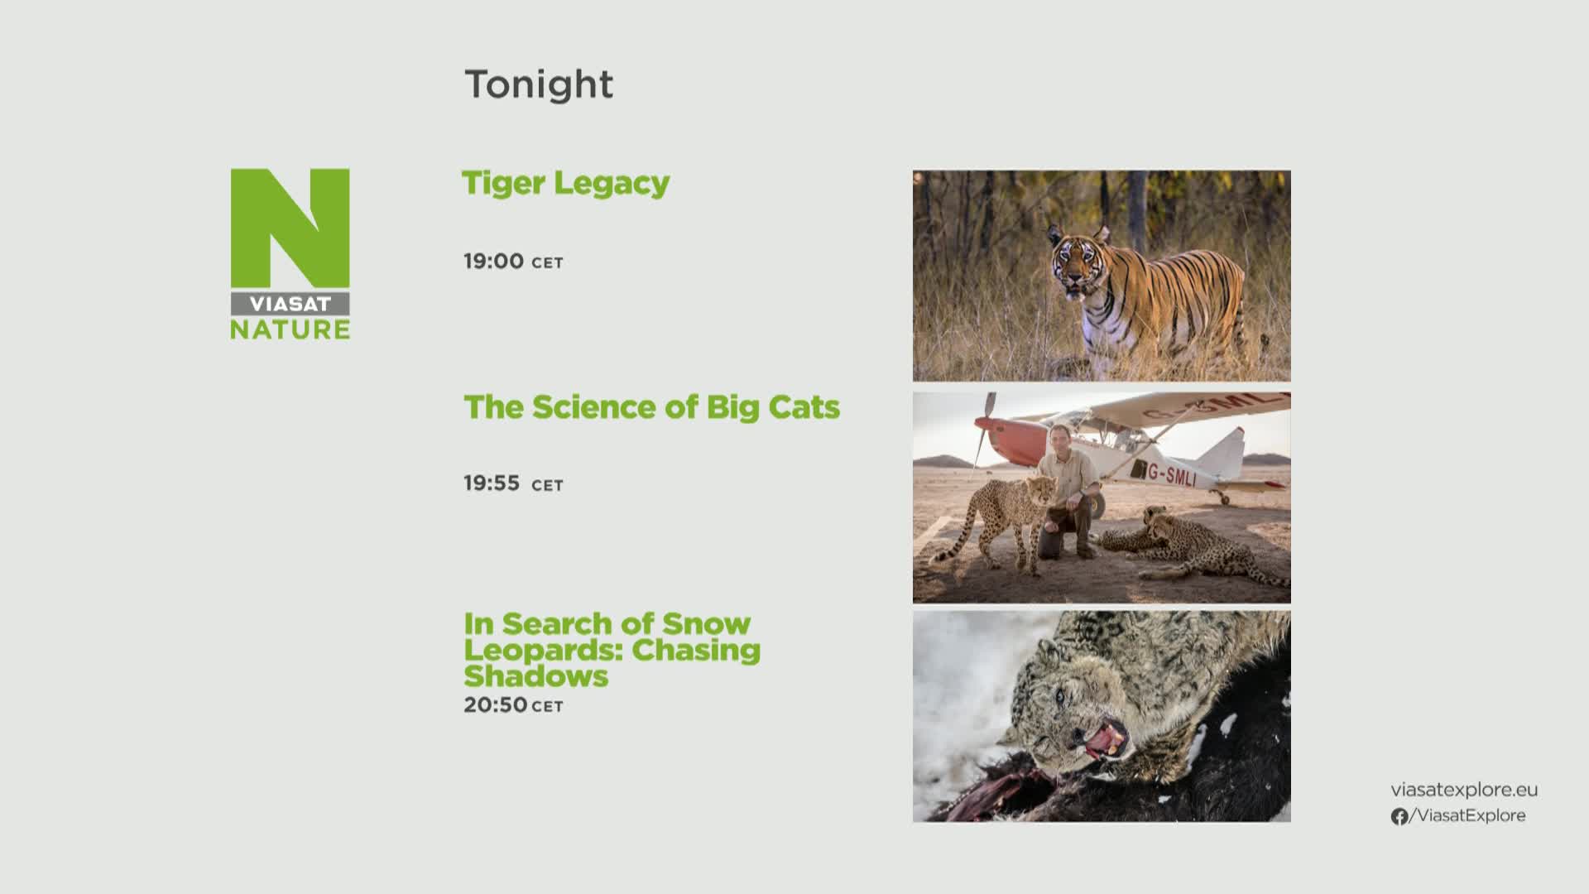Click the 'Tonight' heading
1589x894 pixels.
coord(539,84)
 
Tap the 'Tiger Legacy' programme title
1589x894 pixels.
coord(565,184)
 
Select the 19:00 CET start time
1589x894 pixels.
coord(513,262)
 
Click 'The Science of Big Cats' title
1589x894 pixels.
coord(651,407)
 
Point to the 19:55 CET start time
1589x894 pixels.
coord(513,483)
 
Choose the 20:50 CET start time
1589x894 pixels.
coord(513,705)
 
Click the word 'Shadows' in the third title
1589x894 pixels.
coord(535,676)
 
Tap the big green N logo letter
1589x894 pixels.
coord(290,229)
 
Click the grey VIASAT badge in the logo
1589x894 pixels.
coord(290,304)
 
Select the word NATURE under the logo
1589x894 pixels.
coord(290,329)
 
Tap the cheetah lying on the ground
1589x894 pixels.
coord(1192,546)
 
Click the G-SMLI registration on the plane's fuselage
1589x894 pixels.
coord(1171,473)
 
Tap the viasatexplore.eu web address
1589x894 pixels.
coord(1464,790)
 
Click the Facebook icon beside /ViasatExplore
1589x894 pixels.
coord(1399,816)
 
